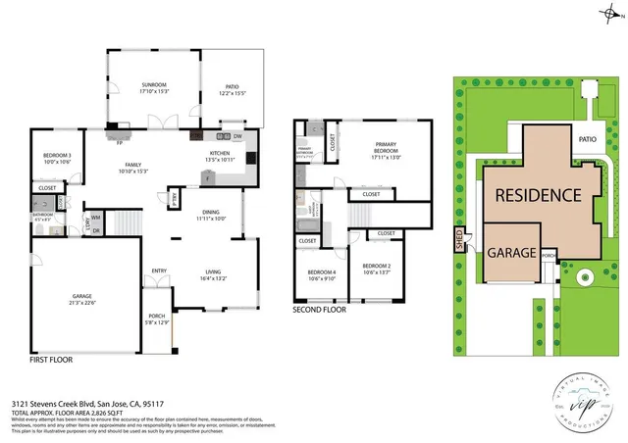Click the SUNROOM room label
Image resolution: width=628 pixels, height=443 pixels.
154,85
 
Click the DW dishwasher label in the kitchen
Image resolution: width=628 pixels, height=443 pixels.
237,136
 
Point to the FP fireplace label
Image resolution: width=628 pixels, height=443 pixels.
119,142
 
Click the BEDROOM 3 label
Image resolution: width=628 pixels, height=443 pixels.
58,156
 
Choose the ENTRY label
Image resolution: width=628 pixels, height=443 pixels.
159,271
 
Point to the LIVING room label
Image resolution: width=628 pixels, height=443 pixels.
213,271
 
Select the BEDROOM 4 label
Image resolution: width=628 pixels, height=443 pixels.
322,271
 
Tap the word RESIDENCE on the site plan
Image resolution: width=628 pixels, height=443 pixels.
537,194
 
